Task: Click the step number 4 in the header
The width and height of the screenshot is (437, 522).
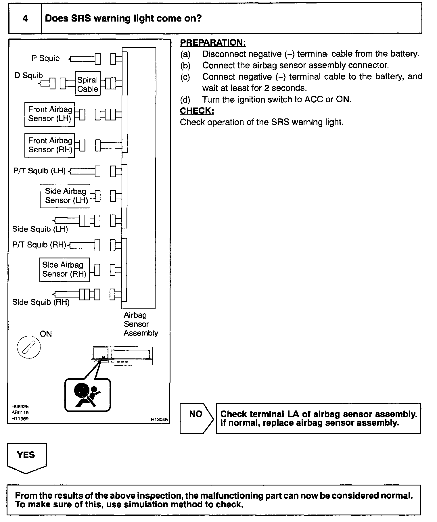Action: click(25, 18)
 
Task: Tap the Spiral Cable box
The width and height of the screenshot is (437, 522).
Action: click(88, 84)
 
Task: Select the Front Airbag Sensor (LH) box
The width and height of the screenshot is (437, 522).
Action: click(50, 114)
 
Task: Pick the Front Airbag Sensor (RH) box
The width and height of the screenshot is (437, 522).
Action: click(50, 145)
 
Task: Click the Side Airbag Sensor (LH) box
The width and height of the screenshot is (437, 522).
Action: click(65, 196)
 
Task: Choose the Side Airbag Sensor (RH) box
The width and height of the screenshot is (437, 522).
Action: click(64, 269)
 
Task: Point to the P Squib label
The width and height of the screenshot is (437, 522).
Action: click(45, 58)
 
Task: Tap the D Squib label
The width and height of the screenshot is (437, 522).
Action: click(28, 76)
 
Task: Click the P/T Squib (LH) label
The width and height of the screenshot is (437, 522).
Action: click(39, 171)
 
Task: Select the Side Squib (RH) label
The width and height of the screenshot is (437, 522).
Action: click(41, 302)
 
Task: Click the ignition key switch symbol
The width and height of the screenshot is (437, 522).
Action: click(29, 347)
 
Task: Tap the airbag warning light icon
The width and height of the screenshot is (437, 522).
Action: click(87, 395)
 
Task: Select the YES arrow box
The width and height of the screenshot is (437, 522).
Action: click(26, 457)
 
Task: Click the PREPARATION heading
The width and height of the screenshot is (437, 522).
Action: click(213, 43)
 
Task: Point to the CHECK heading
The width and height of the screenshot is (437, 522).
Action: click(197, 111)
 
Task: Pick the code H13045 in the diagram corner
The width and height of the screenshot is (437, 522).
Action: click(159, 420)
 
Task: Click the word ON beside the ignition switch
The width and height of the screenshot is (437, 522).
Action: click(46, 334)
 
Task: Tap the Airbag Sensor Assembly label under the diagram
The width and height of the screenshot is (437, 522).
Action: click(141, 324)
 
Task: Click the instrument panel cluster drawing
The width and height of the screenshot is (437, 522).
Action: click(122, 356)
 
